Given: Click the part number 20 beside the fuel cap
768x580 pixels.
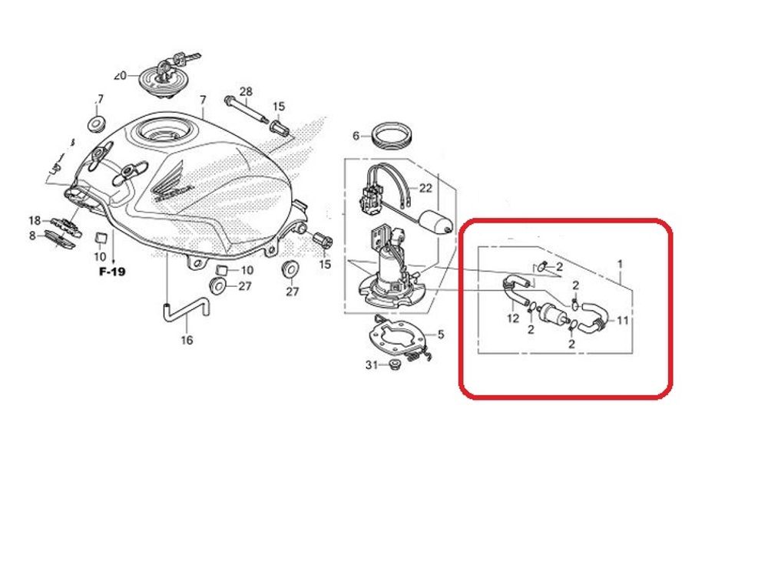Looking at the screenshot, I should (x=119, y=76).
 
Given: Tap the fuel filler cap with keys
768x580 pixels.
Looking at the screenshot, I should (x=164, y=78).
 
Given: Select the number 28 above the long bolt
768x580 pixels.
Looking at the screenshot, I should (x=246, y=92).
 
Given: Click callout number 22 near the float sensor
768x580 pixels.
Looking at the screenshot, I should (x=425, y=188).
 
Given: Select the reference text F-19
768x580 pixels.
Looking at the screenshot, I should (x=112, y=272).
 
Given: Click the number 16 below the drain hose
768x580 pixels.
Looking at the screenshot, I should (x=187, y=340).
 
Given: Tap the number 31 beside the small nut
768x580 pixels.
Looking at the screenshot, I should (x=372, y=365).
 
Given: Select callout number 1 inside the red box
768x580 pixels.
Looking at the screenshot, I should (x=621, y=264).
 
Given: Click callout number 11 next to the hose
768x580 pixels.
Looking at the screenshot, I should (x=623, y=320).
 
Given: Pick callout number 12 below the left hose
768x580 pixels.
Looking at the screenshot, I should (x=511, y=316).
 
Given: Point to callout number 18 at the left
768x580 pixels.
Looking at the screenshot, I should (x=35, y=220).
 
